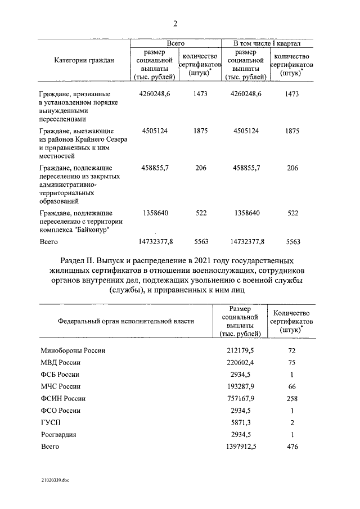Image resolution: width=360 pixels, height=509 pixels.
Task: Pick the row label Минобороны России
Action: point(73,350)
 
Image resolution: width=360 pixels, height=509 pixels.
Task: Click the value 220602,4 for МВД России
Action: point(240,362)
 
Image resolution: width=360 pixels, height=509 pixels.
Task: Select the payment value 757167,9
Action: point(240,398)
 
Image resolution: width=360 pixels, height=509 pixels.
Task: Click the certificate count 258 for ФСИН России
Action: point(291,398)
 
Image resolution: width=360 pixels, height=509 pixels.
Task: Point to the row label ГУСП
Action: point(51,422)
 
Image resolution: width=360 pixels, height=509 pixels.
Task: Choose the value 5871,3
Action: point(243,422)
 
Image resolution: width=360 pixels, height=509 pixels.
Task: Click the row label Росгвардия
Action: point(58,434)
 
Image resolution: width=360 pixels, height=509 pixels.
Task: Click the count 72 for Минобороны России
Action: point(291,350)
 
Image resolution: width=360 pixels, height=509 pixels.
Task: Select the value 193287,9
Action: point(240,386)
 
